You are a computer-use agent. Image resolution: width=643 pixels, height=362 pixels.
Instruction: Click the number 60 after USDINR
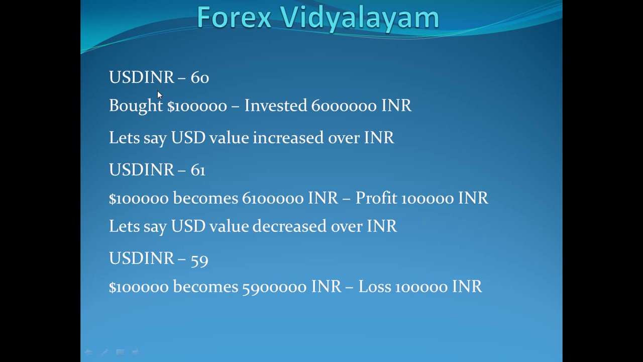(x=199, y=77)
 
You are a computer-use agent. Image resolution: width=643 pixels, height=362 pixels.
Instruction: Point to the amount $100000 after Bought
(x=197, y=106)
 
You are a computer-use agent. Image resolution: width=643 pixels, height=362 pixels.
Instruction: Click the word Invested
(x=275, y=106)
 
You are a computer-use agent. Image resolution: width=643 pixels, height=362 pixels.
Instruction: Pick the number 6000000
(x=344, y=106)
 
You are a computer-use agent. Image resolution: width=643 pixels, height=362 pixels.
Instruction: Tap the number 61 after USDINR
(x=198, y=170)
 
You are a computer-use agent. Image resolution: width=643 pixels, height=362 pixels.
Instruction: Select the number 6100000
(x=273, y=199)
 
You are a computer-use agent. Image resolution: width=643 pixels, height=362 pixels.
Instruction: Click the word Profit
(x=376, y=198)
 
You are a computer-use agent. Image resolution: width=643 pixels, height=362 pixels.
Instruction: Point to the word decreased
(x=289, y=226)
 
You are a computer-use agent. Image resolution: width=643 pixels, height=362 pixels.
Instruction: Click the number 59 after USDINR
(x=199, y=259)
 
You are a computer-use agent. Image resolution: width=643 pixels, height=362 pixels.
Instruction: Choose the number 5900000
(x=274, y=287)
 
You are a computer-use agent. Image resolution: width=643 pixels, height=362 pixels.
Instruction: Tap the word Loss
(x=374, y=287)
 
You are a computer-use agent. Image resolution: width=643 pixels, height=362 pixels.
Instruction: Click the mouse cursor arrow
(x=159, y=95)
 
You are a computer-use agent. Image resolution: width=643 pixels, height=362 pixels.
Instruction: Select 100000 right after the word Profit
(x=427, y=199)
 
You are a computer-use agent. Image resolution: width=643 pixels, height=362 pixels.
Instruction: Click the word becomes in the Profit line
(x=205, y=198)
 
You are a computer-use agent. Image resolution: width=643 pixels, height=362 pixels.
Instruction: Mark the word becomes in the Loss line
(x=205, y=287)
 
